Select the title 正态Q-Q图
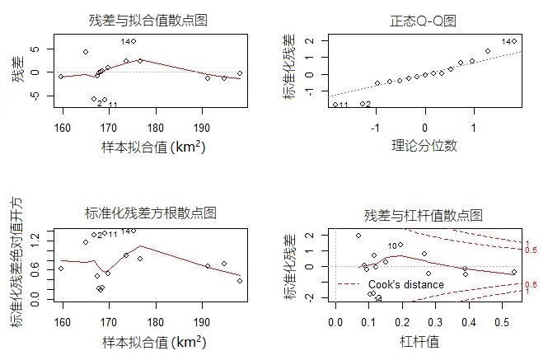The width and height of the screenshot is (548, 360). (424, 20)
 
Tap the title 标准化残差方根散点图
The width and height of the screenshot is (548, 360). (150, 213)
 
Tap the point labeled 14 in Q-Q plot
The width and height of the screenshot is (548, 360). (514, 41)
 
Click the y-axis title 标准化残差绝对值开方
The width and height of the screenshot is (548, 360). (17, 264)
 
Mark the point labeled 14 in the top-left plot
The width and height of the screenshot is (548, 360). (133, 41)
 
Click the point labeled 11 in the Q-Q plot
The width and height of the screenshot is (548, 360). (335, 105)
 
